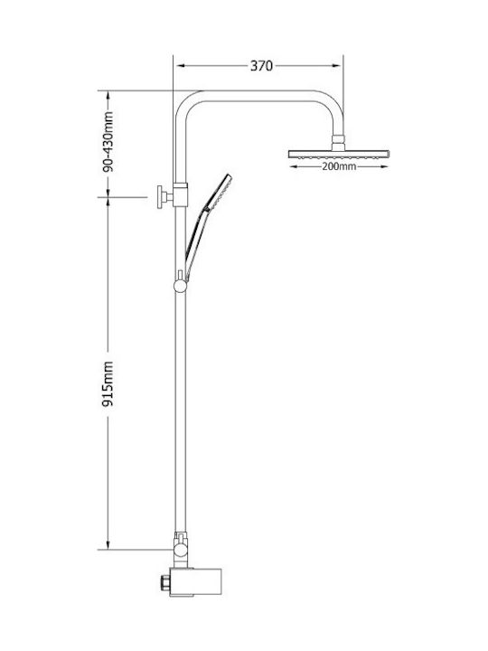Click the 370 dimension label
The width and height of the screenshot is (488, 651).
(x=261, y=66)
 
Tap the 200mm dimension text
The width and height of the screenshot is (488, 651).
(x=339, y=167)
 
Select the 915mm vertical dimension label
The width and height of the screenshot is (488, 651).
(x=108, y=384)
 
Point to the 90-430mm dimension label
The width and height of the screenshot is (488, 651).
(x=108, y=142)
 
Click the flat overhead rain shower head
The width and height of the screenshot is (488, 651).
(x=339, y=154)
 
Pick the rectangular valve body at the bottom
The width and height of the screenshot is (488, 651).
(x=197, y=582)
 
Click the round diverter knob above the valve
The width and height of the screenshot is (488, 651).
(x=181, y=550)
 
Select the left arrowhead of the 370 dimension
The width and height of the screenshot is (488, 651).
(x=180, y=66)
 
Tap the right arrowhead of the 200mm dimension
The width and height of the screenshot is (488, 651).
(x=384, y=167)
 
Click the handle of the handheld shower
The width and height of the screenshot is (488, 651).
(x=196, y=243)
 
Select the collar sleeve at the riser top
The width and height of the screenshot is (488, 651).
(x=180, y=194)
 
